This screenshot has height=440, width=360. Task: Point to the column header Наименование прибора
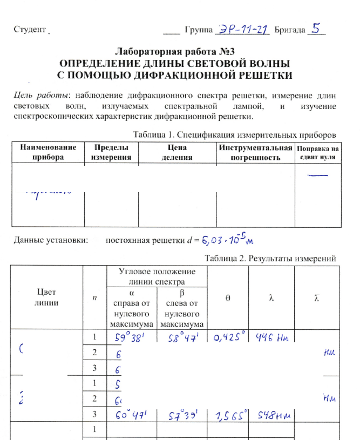click(x=48, y=152)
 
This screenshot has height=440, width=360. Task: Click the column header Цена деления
click(x=178, y=152)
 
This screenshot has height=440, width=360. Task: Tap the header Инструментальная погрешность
click(x=255, y=152)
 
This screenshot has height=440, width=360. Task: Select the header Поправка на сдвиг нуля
click(x=320, y=152)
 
